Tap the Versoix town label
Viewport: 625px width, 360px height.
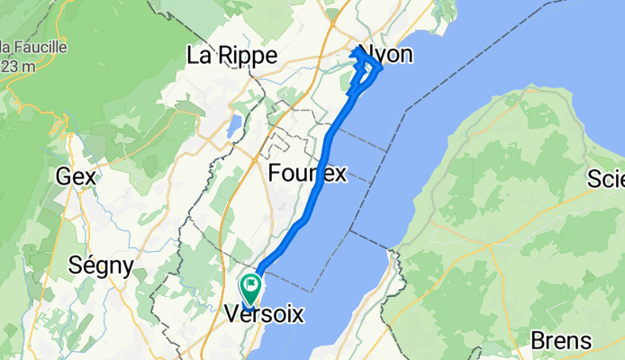pyautogui.click(x=264, y=316)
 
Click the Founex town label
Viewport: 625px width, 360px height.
pyautogui.click(x=307, y=174)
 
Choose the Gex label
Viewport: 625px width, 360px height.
pyautogui.click(x=75, y=177)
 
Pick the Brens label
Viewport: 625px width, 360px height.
pyautogui.click(x=561, y=341)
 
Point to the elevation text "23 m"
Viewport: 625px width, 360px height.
pyautogui.click(x=17, y=65)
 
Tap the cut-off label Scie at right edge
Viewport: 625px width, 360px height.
pyautogui.click(x=607, y=177)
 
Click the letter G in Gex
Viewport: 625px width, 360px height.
pyautogui.click(x=63, y=177)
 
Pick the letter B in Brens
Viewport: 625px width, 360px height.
pyautogui.click(x=538, y=341)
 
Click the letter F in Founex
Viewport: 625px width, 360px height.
pyautogui.click(x=275, y=174)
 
